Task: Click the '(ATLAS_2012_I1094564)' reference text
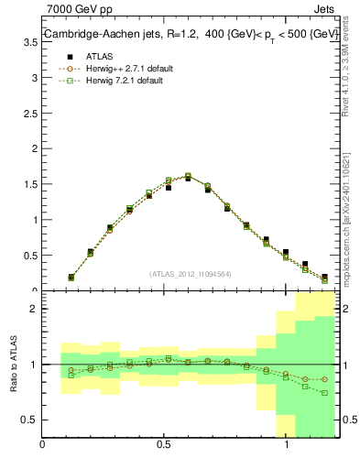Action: tap(191, 274)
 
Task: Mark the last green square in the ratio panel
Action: tap(324, 393)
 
